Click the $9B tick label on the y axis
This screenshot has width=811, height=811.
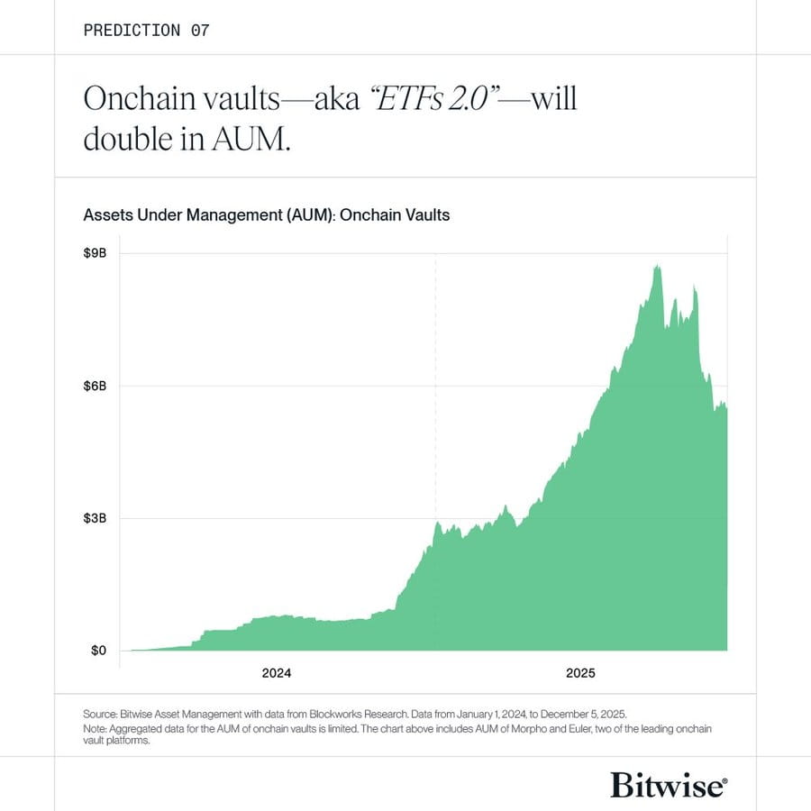pos(95,253)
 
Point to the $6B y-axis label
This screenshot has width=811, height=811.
pos(95,386)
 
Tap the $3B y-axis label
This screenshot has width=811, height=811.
pos(95,518)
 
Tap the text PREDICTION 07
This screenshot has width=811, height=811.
pos(146,31)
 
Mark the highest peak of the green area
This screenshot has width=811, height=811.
pos(657,266)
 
